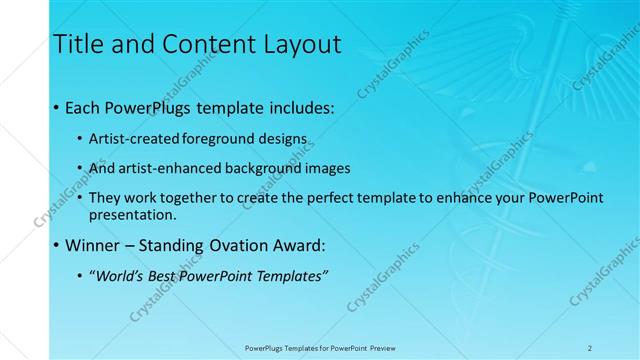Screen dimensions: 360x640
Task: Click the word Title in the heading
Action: tap(75, 44)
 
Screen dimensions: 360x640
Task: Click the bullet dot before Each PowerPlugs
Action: tap(55, 106)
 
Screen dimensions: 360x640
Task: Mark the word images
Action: tap(325, 168)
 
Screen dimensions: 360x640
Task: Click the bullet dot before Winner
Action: tap(55, 245)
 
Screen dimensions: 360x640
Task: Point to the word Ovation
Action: tap(233, 245)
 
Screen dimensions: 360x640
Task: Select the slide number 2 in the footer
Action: tap(590, 348)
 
